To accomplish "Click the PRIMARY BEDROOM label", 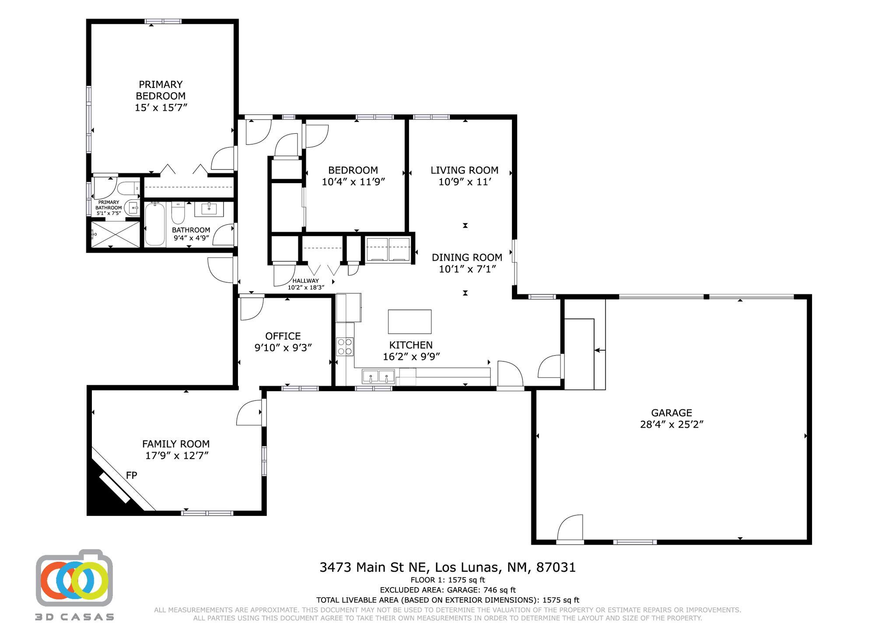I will pyautogui.click(x=160, y=90).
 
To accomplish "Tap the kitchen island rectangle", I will pyautogui.click(x=409, y=321).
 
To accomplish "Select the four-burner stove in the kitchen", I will pyautogui.click(x=345, y=347).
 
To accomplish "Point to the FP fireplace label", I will pyautogui.click(x=131, y=475).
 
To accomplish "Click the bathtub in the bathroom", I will pyautogui.click(x=154, y=224).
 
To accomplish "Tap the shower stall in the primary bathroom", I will pyautogui.click(x=115, y=234).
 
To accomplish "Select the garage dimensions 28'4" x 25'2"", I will pyautogui.click(x=671, y=424).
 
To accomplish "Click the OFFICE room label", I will pyautogui.click(x=283, y=336).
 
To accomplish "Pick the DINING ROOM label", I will pyautogui.click(x=467, y=257).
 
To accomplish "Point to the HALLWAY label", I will pyautogui.click(x=305, y=281).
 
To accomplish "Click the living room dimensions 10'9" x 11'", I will pyautogui.click(x=464, y=182).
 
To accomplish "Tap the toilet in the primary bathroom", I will pyautogui.click(x=127, y=188).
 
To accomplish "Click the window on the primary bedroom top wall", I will pyautogui.click(x=163, y=21).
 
